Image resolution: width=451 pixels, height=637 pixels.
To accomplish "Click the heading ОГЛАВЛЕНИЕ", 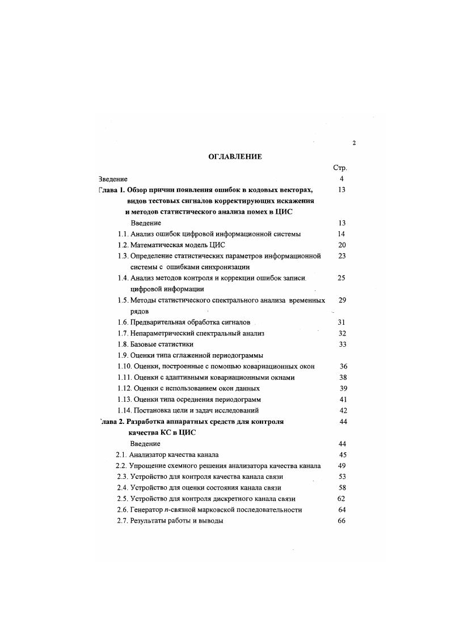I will click(235, 157).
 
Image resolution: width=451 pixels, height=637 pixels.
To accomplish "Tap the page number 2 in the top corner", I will click(354, 143).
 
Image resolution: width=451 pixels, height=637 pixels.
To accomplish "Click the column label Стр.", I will click(340, 168).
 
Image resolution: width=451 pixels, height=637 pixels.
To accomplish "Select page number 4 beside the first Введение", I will click(342, 179).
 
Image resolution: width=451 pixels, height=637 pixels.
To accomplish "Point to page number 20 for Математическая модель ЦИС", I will click(342, 245).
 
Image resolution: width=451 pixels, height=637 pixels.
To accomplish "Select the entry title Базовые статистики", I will click(162, 344).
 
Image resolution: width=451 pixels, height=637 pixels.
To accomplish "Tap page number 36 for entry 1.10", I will click(343, 366).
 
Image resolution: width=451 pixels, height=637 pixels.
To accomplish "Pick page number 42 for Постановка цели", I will click(343, 410).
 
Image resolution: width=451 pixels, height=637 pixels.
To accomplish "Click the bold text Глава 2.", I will click(111, 422).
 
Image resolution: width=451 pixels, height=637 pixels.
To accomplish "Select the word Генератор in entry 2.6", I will click(146, 509).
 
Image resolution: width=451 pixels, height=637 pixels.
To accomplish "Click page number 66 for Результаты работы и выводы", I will click(342, 521).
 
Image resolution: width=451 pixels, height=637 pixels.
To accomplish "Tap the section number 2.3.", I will click(121, 477).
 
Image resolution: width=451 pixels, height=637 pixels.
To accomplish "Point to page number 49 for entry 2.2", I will click(342, 466).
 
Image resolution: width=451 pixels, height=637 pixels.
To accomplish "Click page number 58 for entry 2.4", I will click(342, 487).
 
